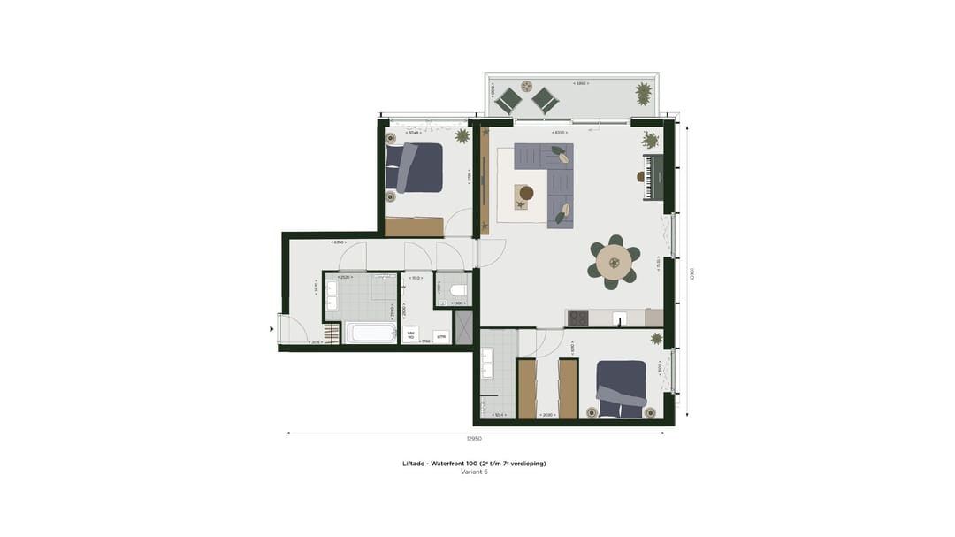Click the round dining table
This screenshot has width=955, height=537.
point(614,263)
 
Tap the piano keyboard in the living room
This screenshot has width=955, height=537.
point(653,178)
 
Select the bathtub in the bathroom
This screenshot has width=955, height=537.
point(371,334)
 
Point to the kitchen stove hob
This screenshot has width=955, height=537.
point(577,318)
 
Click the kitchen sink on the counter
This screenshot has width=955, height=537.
point(621,318)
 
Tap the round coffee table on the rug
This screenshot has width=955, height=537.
point(526,193)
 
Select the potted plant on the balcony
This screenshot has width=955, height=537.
point(644,92)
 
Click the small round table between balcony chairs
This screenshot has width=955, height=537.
point(526,87)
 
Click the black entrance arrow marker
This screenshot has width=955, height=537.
point(272,329)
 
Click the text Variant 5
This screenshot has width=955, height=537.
point(474,472)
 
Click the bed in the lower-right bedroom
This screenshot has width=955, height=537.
point(621,388)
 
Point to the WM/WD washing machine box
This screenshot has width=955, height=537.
point(410,334)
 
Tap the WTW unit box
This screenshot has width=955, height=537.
point(440,336)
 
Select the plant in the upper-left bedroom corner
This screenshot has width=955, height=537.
point(462,136)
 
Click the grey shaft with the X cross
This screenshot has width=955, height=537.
point(463,326)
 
